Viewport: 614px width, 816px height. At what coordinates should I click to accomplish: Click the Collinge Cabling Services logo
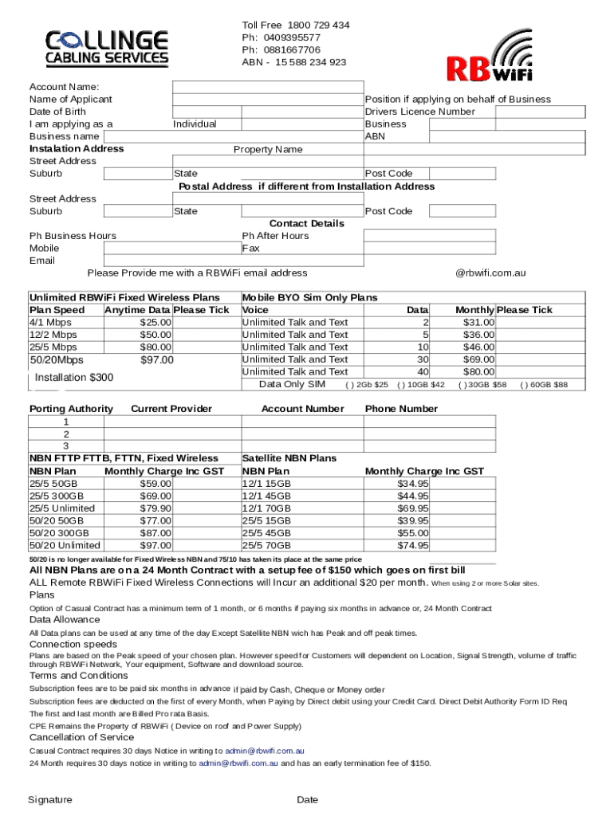(x=107, y=47)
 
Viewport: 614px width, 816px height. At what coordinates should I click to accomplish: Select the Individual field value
(x=195, y=124)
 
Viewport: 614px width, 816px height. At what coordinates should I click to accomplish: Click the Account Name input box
(x=267, y=87)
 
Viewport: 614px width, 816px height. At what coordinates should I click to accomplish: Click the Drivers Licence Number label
(x=419, y=112)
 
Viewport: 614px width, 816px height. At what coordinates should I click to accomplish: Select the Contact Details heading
(x=306, y=224)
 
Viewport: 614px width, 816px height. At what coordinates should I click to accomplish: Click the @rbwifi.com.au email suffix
(x=490, y=273)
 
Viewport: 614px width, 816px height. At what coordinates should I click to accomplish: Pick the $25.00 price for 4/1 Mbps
(x=155, y=322)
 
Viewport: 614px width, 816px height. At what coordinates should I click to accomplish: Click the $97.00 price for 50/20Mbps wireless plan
(x=156, y=360)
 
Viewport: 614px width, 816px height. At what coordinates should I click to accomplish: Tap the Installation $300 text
(x=74, y=377)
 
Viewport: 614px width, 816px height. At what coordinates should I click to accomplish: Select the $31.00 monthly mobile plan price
(x=478, y=322)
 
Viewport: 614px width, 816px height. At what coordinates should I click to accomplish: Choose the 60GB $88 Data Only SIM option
(x=544, y=385)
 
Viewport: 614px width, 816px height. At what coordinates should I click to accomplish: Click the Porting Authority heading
(x=71, y=409)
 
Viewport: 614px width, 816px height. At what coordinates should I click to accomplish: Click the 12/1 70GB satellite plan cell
(x=266, y=508)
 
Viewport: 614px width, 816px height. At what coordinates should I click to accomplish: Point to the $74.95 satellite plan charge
(x=412, y=546)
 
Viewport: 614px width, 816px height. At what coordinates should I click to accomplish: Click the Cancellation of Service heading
(x=81, y=737)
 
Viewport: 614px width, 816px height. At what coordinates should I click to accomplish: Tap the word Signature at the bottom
(x=49, y=800)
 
